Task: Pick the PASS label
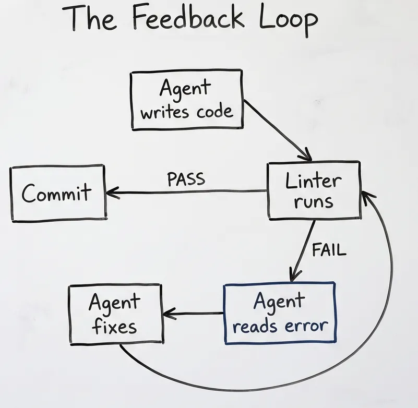(186, 179)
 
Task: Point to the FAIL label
(329, 250)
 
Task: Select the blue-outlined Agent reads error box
(280, 313)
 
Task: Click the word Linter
(314, 182)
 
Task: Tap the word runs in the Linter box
(314, 202)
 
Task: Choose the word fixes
(114, 327)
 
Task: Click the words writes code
(186, 111)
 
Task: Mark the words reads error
(280, 326)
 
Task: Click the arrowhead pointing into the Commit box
(111, 193)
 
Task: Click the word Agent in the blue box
(279, 301)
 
